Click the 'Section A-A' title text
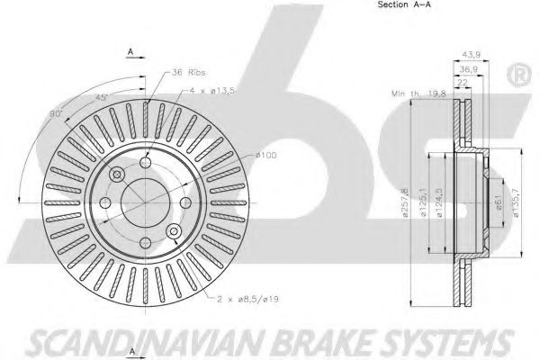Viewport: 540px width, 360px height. tap(404, 4)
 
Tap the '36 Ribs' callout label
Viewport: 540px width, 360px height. tap(189, 73)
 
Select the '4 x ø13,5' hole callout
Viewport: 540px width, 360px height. tap(212, 91)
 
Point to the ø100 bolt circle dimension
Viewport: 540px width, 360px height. tap(266, 155)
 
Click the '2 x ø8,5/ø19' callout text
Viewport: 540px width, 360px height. tap(247, 299)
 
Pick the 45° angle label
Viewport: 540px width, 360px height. tap(102, 97)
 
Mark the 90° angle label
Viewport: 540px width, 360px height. tap(56, 113)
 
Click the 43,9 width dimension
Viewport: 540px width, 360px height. tap(471, 54)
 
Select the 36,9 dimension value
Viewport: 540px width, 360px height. tap(469, 69)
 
